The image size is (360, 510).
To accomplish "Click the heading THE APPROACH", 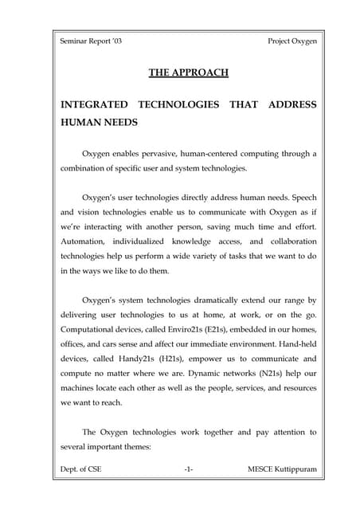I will click(x=189, y=73).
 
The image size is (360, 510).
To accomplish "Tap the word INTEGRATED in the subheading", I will click(x=91, y=105).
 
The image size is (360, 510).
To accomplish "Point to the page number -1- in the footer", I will click(x=189, y=469).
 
